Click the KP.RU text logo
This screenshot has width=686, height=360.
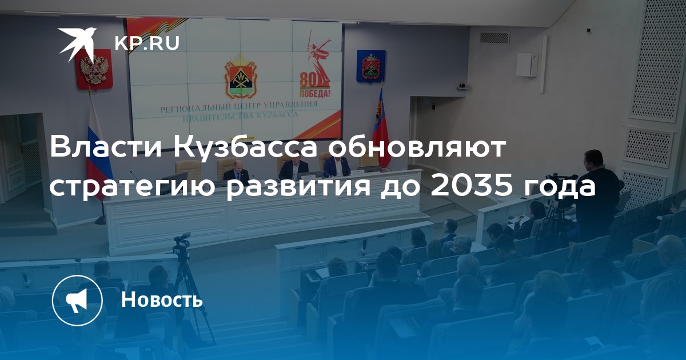(x=147, y=43)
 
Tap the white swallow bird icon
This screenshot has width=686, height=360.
(x=77, y=43)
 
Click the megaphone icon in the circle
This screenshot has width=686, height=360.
(x=77, y=301)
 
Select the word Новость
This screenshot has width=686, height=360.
(x=162, y=299)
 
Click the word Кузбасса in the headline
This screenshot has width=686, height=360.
(x=247, y=147)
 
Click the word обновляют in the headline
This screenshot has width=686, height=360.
(x=416, y=147)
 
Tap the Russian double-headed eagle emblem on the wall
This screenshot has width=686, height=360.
(x=94, y=70)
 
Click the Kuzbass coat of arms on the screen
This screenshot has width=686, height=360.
(x=240, y=75)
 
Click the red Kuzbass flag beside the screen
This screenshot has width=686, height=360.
(x=380, y=129)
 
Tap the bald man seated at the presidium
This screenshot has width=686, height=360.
(x=236, y=171)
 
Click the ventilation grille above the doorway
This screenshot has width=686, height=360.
(x=494, y=37)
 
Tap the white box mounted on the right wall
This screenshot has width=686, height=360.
(x=527, y=65)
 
